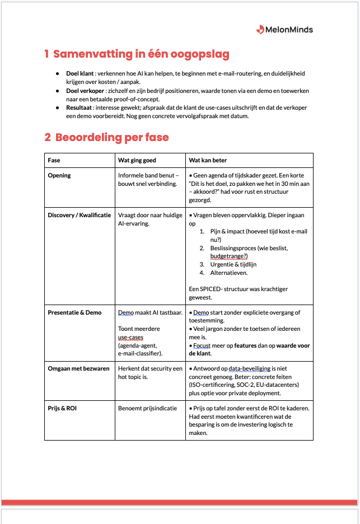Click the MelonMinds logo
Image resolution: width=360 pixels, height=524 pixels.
pyautogui.click(x=284, y=29)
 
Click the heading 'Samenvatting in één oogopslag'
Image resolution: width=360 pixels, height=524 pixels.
pyautogui.click(x=137, y=54)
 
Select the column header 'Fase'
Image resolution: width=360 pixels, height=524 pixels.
pyautogui.click(x=54, y=160)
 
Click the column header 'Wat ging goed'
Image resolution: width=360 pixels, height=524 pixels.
pyautogui.click(x=137, y=160)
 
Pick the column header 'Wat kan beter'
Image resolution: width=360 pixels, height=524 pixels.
pyautogui.click(x=208, y=160)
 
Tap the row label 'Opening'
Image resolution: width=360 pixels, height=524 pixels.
pyautogui.click(x=59, y=175)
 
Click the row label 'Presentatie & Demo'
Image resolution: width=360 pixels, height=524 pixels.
pyautogui.click(x=74, y=312)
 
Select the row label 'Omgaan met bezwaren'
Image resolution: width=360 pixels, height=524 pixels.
pyautogui.click(x=78, y=368)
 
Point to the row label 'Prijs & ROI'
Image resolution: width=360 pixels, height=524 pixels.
pyautogui.click(x=62, y=408)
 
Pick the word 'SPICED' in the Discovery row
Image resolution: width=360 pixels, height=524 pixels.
pyautogui.click(x=213, y=289)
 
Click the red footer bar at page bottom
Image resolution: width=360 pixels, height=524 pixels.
pyautogui.click(x=179, y=502)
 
